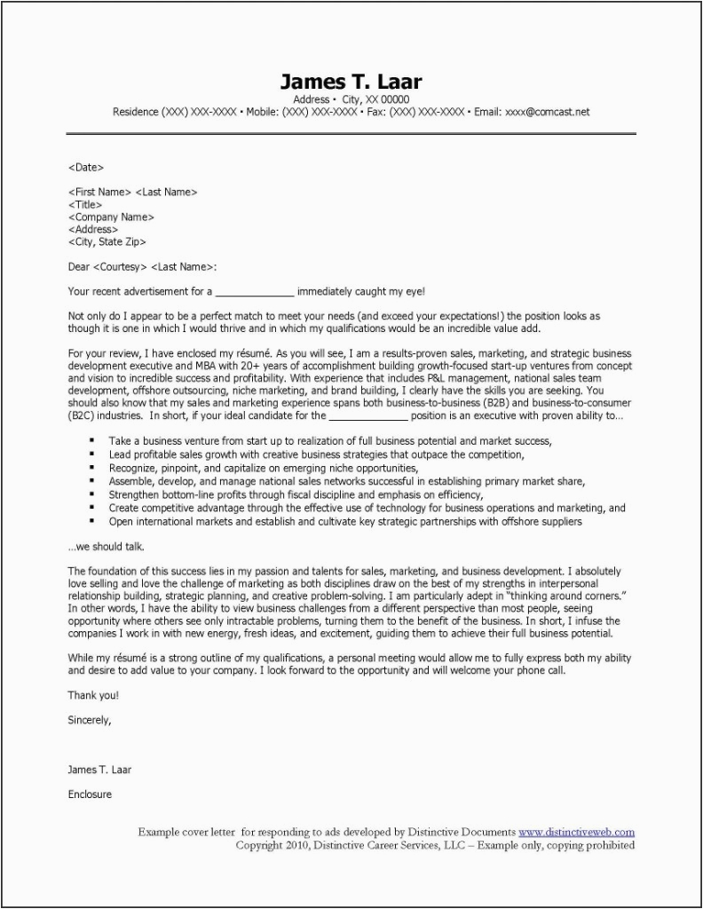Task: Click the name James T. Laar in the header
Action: click(351, 82)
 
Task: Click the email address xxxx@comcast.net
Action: click(545, 113)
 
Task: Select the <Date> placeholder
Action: click(86, 166)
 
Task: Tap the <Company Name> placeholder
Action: click(111, 217)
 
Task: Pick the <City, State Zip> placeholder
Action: click(107, 241)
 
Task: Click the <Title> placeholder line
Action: click(85, 204)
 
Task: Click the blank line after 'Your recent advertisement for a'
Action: click(255, 291)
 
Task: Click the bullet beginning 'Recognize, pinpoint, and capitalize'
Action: click(263, 467)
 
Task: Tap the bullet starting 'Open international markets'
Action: click(345, 522)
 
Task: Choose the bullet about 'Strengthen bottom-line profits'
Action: click(296, 494)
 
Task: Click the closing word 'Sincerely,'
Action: click(90, 720)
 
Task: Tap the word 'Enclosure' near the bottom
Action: click(90, 794)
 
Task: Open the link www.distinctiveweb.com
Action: click(576, 833)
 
